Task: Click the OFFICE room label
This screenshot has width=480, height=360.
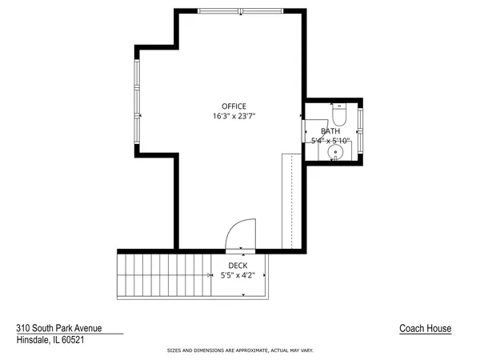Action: point(234,106)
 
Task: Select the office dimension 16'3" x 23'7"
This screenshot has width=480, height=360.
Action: point(234,116)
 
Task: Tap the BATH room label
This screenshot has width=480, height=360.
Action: point(330,131)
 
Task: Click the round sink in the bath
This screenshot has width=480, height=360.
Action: point(337,150)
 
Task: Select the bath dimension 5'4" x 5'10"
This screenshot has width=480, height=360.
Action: point(330,141)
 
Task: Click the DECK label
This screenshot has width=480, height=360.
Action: point(238,266)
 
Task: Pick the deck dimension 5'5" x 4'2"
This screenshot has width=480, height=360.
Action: point(238,276)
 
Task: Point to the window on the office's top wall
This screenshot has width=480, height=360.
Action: point(240,10)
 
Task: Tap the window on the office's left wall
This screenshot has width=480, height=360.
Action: point(138,100)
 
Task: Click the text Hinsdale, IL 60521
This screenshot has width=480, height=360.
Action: point(50,340)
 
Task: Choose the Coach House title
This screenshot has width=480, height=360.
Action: point(426,329)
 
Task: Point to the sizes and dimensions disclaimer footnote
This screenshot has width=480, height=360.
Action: point(240,350)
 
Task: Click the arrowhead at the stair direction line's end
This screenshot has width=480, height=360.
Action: point(242,294)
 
